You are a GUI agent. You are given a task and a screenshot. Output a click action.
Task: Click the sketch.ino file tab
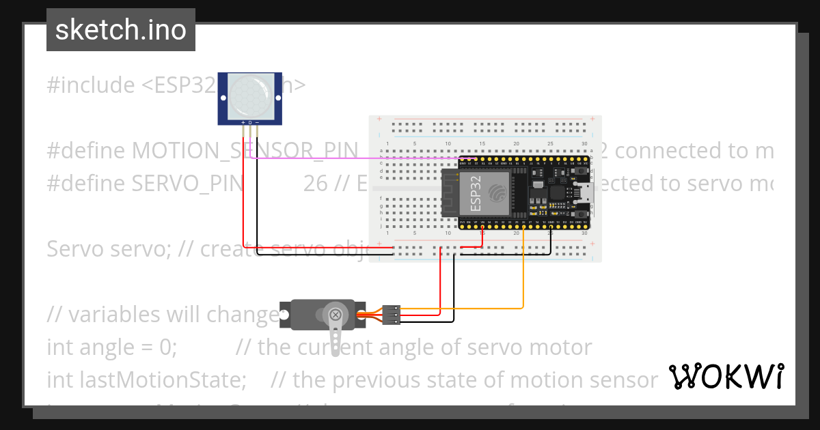coord(121,30)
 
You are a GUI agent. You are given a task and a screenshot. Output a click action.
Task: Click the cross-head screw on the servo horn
coord(336,315)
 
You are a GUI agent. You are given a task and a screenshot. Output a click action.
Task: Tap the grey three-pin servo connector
coord(391,313)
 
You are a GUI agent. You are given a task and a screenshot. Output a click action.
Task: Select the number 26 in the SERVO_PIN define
coord(315,183)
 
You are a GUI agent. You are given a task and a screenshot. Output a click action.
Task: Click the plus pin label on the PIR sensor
coord(243,122)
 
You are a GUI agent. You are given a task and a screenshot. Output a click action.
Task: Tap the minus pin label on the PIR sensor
coord(257,122)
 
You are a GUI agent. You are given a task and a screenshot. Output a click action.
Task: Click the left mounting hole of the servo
coord(286,315)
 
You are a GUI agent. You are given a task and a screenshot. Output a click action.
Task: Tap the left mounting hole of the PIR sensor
coord(223,98)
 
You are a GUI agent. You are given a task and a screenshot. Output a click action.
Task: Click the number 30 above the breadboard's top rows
coord(584,143)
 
